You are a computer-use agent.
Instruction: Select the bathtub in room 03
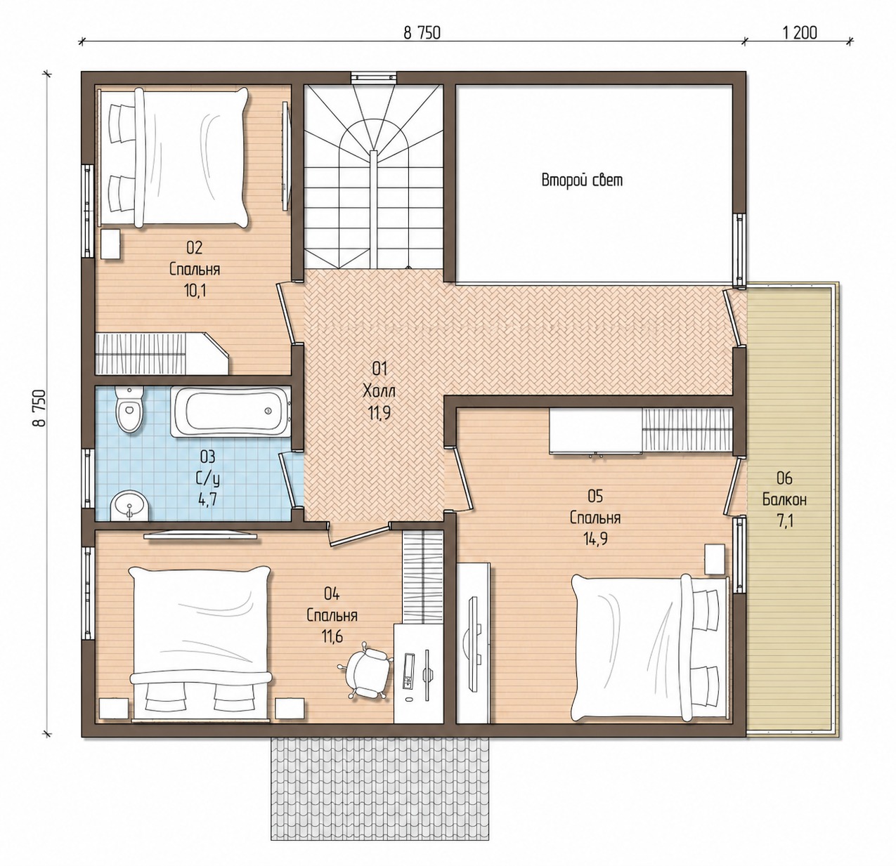point(231,412)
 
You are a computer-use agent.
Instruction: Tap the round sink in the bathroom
point(130,506)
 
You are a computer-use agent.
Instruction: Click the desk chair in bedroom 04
point(365,672)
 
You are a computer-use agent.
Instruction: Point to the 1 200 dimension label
point(799,33)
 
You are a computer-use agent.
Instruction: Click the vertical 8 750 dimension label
point(40,409)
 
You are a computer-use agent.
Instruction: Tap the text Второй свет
point(582,180)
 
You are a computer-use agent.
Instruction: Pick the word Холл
point(379,392)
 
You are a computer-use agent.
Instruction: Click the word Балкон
point(784,499)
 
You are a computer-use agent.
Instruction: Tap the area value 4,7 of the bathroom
point(207,500)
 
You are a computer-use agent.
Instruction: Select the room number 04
point(332,594)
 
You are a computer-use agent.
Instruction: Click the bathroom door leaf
point(287,480)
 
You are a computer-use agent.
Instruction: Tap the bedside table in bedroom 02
point(110,245)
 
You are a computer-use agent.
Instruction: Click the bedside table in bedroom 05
point(715,559)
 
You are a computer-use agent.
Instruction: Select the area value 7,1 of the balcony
point(784,521)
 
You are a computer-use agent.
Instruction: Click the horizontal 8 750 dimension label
point(422,33)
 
